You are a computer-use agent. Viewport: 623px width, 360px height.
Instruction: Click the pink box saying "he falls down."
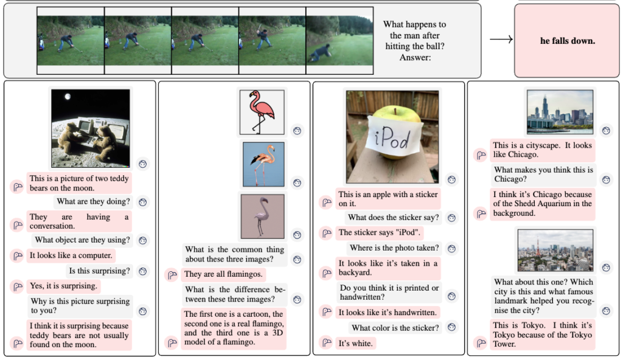tap(567, 41)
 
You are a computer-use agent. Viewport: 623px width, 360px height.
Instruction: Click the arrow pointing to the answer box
tap(501, 39)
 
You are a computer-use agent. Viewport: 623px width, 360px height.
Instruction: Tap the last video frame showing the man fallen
tap(339, 41)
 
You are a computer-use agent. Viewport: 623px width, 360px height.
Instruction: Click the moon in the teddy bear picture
tap(68, 97)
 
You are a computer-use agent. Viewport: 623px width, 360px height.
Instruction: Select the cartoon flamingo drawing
tap(262, 112)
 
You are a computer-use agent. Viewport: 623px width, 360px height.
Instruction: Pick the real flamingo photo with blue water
tap(263, 165)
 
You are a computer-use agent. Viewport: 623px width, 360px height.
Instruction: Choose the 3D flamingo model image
tap(263, 216)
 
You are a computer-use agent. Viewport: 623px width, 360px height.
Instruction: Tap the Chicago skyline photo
tap(560, 112)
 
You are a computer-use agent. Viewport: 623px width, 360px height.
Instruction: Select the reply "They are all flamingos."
tap(223, 274)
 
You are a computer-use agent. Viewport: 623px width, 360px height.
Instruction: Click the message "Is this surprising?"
tap(99, 271)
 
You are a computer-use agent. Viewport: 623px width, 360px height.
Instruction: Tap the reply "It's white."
tap(355, 344)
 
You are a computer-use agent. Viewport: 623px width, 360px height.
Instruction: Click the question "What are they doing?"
tap(93, 201)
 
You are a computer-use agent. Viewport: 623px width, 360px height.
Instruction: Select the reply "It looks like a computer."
tap(71, 255)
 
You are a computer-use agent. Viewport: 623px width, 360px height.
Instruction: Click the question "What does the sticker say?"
tap(393, 217)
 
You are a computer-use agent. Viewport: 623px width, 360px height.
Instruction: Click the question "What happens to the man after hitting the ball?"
tap(415, 35)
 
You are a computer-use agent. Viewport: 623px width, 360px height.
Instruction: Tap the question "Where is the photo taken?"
tap(394, 248)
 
